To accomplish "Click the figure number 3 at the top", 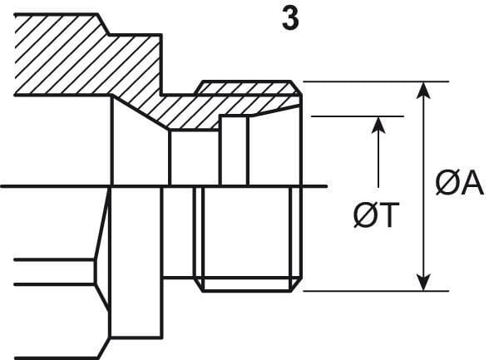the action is [290, 18].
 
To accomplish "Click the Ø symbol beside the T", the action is [365, 215].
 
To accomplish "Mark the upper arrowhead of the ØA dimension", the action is [423, 91].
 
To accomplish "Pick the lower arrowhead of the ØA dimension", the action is [423, 282].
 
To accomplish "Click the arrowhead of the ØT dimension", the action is [378, 125].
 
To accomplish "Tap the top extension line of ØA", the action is [376, 81].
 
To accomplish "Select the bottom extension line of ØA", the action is [376, 291].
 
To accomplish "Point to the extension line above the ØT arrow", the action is [358, 116].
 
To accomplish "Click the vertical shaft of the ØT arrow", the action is [378, 160].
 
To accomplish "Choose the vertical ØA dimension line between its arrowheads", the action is [423, 186].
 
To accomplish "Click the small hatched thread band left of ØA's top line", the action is [248, 87].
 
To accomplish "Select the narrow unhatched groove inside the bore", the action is [234, 150].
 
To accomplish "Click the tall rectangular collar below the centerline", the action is [136, 263].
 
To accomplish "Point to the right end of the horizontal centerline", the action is [327, 186].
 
